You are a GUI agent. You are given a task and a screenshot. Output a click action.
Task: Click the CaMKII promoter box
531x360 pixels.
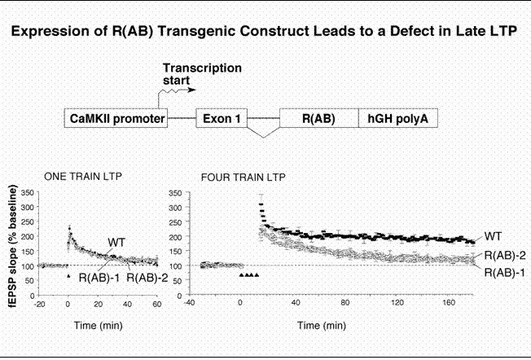pyautogui.click(x=116, y=118)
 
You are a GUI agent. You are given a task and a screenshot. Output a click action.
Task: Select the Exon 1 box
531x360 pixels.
pyautogui.click(x=222, y=118)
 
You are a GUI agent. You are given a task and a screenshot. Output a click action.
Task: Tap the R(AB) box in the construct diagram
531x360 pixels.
pyautogui.click(x=319, y=118)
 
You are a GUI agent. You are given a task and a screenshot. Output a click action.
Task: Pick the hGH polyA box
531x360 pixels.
pyautogui.click(x=398, y=118)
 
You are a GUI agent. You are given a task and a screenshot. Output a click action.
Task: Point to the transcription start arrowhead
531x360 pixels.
pyautogui.click(x=192, y=90)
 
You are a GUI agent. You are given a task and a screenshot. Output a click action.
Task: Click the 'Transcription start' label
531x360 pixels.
pyautogui.click(x=202, y=74)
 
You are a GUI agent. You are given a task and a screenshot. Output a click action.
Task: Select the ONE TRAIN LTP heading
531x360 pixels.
pyautogui.click(x=83, y=177)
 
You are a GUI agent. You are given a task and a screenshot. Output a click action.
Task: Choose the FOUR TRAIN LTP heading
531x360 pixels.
pyautogui.click(x=244, y=177)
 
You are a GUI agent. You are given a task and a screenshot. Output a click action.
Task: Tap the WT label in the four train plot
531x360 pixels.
pyautogui.click(x=493, y=236)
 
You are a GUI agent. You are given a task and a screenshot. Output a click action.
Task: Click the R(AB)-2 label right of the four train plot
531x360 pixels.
pyautogui.click(x=505, y=256)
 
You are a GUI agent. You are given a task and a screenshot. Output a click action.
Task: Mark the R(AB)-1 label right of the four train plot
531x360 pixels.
pyautogui.click(x=505, y=272)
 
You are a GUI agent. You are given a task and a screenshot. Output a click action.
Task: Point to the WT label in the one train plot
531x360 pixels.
pyautogui.click(x=116, y=243)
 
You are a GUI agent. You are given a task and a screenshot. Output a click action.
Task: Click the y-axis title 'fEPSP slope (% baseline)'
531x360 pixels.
pyautogui.click(x=13, y=246)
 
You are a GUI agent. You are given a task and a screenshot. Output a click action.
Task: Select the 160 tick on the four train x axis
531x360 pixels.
pyautogui.click(x=449, y=302)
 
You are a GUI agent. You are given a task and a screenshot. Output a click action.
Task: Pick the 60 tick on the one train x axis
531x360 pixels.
pyautogui.click(x=157, y=304)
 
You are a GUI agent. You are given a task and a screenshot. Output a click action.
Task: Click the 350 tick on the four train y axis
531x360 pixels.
pyautogui.click(x=175, y=193)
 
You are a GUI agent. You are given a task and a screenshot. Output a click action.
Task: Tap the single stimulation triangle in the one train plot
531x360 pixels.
pyautogui.click(x=68, y=276)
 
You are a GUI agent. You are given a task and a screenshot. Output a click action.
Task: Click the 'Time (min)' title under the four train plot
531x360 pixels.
pyautogui.click(x=322, y=326)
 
